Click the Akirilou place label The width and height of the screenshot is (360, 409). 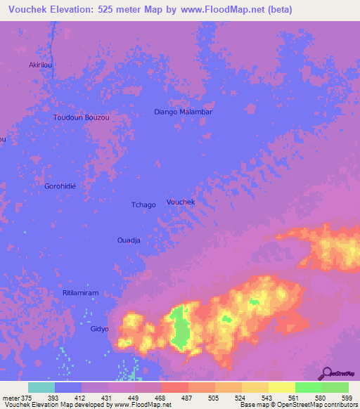(x=41, y=64)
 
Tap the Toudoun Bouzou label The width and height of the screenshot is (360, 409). (x=82, y=117)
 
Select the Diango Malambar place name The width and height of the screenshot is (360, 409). (x=183, y=112)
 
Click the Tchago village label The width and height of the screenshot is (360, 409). (x=143, y=204)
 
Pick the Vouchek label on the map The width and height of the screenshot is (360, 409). (x=181, y=202)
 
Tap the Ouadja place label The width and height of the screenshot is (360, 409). (x=129, y=240)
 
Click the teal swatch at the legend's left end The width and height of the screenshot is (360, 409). (x=41, y=387)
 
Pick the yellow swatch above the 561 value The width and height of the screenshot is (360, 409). (x=281, y=387)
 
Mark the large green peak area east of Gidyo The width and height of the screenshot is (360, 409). (x=181, y=328)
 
